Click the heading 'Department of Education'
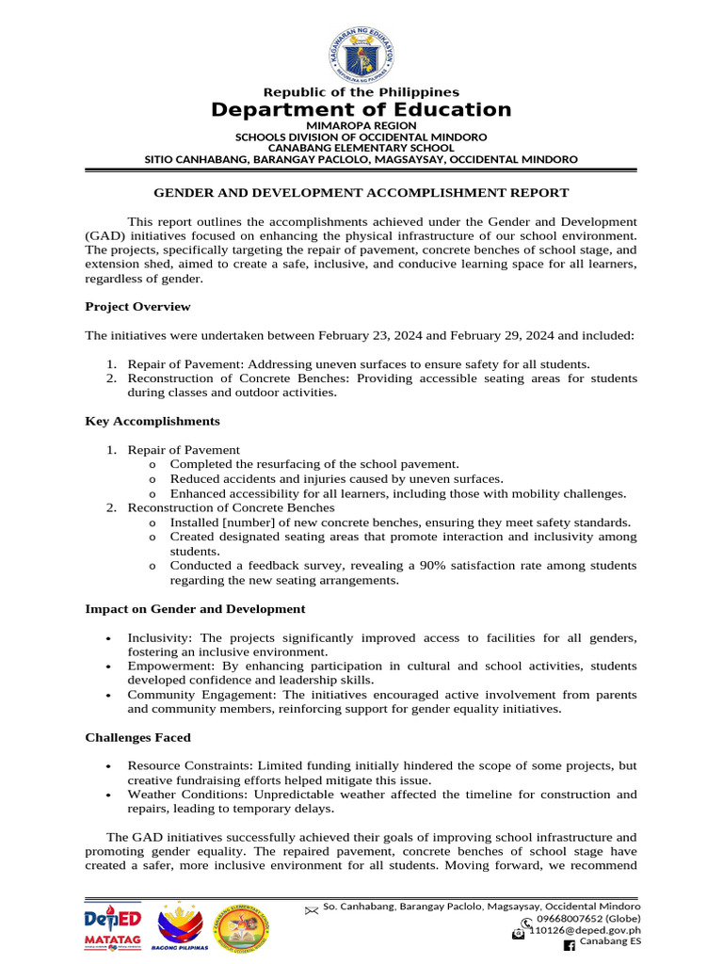click(361, 110)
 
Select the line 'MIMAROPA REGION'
click(361, 125)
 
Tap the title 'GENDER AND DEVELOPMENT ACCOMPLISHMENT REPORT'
click(361, 193)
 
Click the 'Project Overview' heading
click(137, 306)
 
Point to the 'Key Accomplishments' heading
click(153, 421)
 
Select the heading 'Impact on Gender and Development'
click(195, 609)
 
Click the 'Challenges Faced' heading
click(137, 737)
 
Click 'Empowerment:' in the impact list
click(169, 666)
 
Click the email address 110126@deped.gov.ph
click(585, 930)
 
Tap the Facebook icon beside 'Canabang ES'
click(568, 944)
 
